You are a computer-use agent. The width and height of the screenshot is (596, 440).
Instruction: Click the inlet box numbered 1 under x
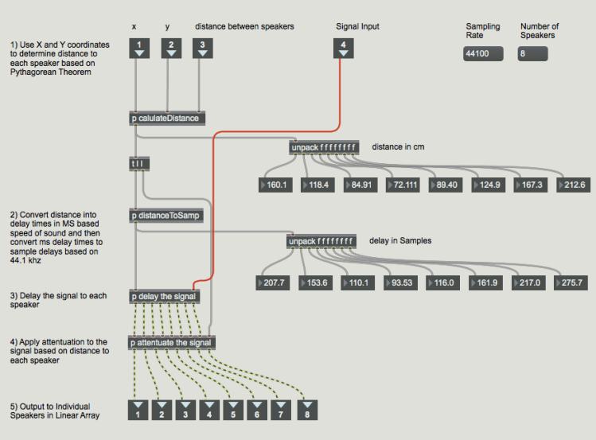tap(139, 49)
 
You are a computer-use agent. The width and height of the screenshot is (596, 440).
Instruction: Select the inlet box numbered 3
tap(203, 49)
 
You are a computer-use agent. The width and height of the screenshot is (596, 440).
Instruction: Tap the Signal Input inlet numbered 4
tap(343, 49)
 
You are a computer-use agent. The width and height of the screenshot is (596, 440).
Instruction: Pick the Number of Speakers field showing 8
tap(532, 54)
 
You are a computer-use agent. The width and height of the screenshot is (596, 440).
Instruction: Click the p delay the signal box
tap(164, 297)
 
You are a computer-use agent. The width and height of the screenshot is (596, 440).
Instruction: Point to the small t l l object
tap(139, 164)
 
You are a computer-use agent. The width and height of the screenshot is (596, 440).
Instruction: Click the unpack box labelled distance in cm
tap(323, 147)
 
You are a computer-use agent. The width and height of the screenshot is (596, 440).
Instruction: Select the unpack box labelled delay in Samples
tap(321, 241)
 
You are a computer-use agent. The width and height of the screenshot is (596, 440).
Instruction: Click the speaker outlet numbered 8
tap(306, 410)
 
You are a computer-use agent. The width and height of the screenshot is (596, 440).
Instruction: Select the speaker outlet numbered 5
tap(233, 410)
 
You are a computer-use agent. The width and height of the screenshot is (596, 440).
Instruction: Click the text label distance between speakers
tap(244, 26)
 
